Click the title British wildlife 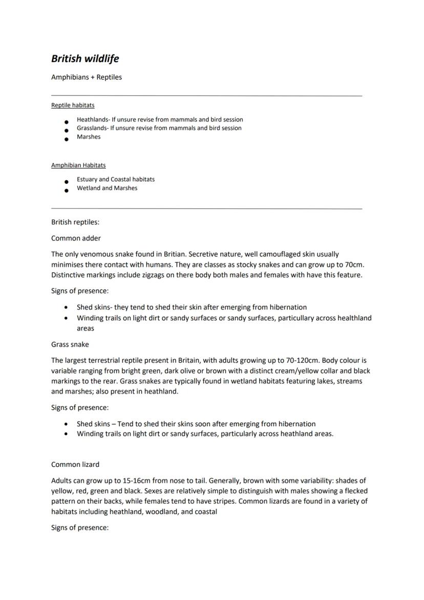pos(85,58)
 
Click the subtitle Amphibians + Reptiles pos(87,77)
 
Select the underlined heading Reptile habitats pos(73,105)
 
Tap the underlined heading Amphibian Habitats pos(78,165)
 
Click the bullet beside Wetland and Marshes pos(66,191)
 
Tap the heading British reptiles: pos(75,222)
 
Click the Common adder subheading pos(76,238)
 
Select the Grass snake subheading pos(70,344)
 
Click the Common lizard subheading pos(75,464)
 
